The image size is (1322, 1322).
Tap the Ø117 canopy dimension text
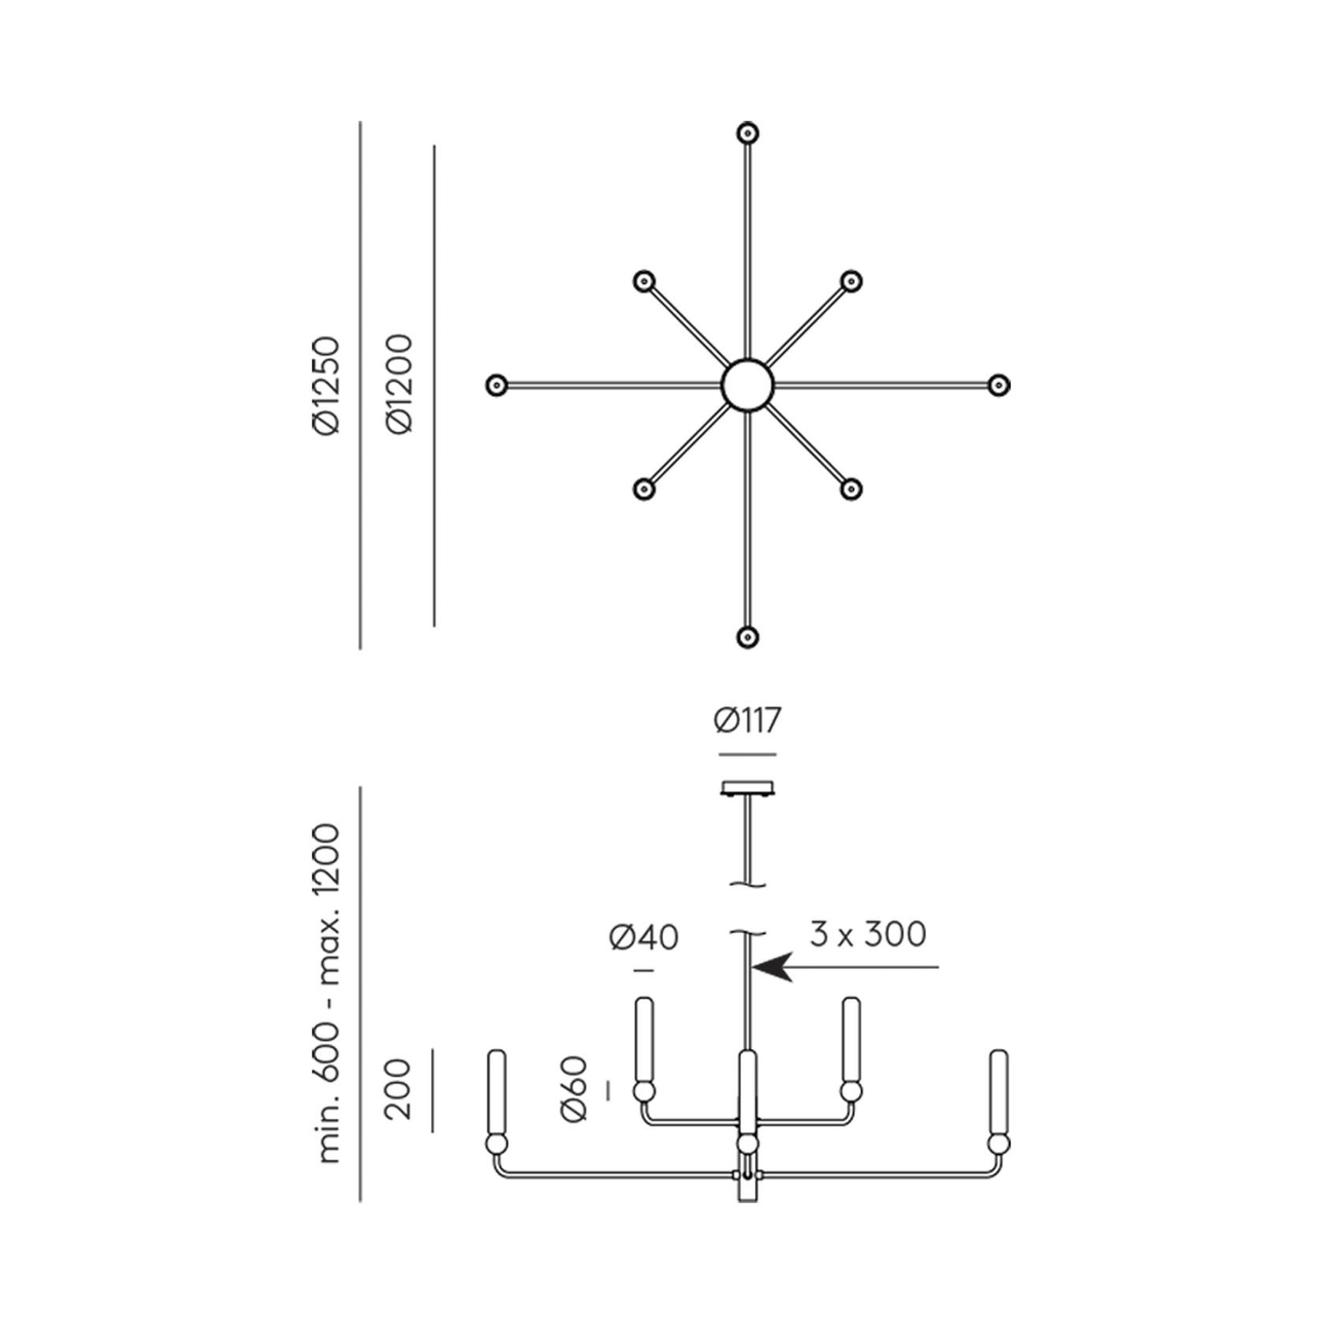coord(747,721)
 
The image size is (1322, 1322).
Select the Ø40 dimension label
coord(644,937)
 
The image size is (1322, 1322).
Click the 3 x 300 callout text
coord(868,934)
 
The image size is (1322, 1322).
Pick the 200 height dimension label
coord(399,1089)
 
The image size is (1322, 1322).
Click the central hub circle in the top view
coord(748,385)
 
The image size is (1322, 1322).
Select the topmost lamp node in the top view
coord(748,133)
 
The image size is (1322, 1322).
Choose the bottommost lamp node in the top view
coord(748,637)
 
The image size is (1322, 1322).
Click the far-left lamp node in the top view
coord(496,385)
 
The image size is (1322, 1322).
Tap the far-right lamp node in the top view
coord(999,385)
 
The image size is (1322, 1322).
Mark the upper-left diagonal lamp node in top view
coord(644,281)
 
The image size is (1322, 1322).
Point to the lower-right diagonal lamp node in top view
coord(850,489)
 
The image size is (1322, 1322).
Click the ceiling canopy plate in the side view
coord(748,788)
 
